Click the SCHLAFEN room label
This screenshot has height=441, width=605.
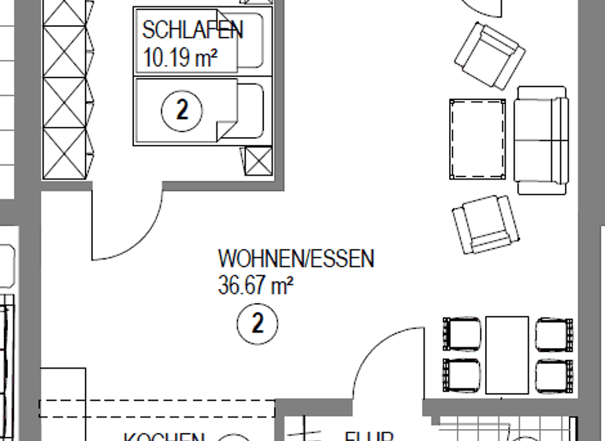tap(192, 30)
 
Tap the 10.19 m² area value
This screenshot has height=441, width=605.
tap(180, 56)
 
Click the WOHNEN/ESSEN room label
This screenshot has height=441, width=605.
tap(296, 258)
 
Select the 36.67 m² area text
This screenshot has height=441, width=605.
tap(255, 285)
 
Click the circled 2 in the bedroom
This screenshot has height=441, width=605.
tap(182, 110)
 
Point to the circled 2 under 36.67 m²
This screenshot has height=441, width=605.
tap(258, 322)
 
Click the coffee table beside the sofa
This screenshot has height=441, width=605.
tap(477, 140)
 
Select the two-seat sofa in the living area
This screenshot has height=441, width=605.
tap(542, 140)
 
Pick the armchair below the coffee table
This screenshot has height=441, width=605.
tap(487, 224)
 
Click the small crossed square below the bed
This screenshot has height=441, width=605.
tap(257, 162)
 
